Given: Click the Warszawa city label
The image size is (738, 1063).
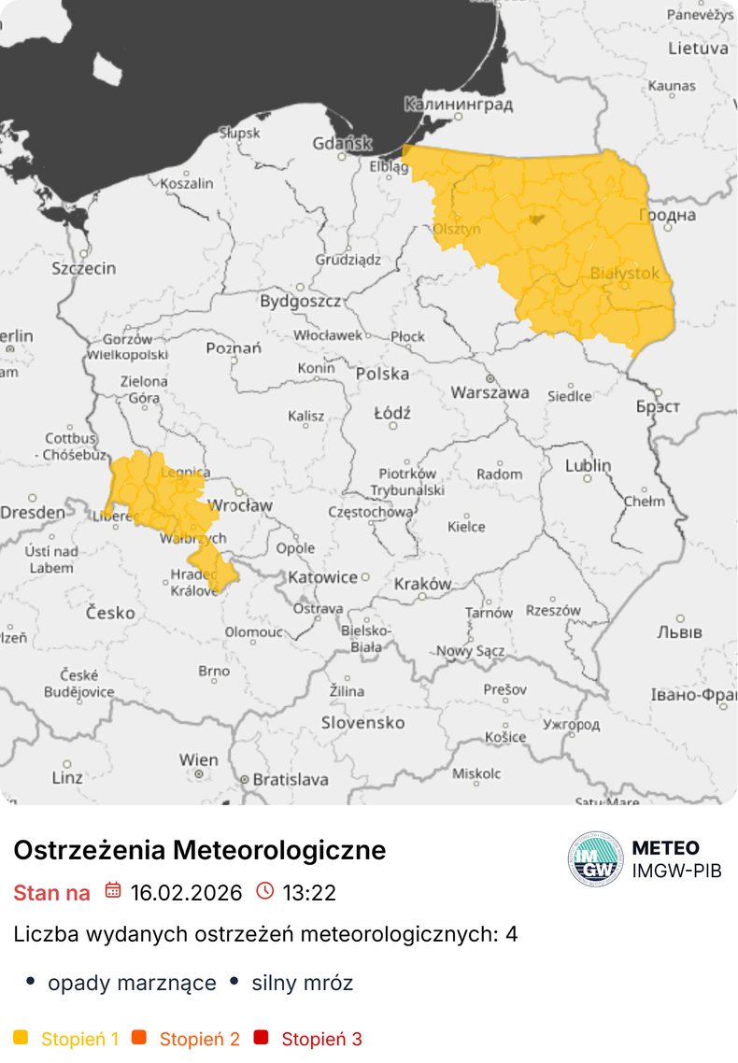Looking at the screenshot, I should (490, 392).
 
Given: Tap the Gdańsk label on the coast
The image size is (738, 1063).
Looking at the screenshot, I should (342, 144).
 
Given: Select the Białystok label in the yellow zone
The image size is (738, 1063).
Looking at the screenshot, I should (625, 273).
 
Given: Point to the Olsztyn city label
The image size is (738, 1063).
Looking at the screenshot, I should (458, 228).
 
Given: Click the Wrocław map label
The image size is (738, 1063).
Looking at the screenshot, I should (240, 505).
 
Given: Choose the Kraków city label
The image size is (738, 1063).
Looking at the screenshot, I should (422, 584).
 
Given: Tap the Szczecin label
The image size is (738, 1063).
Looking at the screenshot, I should (84, 268).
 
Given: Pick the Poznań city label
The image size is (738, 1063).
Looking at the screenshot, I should (233, 348).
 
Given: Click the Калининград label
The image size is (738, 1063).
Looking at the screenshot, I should (459, 104).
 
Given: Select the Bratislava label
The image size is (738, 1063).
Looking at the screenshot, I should (291, 778).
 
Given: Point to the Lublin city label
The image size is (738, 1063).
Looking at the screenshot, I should (588, 465).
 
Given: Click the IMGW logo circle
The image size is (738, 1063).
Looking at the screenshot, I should (595, 858).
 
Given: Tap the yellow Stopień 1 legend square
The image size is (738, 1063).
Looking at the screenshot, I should (21, 1038).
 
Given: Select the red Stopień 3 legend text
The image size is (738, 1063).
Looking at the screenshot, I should (321, 1039).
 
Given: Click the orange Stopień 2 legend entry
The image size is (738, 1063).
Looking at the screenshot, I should (199, 1039).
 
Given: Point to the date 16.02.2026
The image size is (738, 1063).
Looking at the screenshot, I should (186, 892).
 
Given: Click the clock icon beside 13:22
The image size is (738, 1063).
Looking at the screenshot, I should (265, 891).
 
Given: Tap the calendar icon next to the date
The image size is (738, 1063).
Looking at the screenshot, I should (113, 891).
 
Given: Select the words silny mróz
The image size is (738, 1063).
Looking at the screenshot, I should (302, 983).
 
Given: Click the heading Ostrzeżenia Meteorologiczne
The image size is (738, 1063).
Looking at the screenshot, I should (199, 850).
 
